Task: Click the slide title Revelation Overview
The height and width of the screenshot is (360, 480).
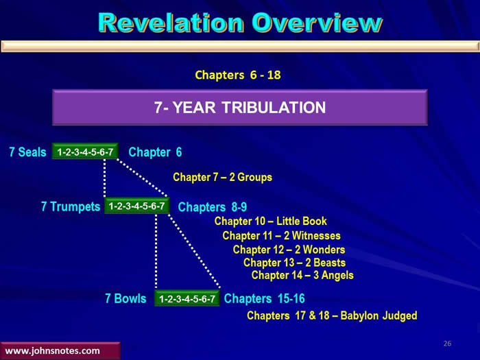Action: click(x=240, y=23)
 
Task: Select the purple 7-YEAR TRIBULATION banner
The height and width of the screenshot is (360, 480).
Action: click(x=240, y=107)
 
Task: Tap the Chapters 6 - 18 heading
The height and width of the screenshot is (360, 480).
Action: click(x=238, y=75)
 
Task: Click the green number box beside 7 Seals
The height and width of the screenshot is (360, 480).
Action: click(x=85, y=152)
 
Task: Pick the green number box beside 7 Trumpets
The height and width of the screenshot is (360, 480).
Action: click(x=137, y=206)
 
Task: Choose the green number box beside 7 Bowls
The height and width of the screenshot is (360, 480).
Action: click(x=187, y=298)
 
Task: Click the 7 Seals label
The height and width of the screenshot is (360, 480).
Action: click(x=27, y=152)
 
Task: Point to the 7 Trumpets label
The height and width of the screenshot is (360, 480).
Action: click(x=71, y=206)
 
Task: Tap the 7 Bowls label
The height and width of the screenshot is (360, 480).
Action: click(x=125, y=298)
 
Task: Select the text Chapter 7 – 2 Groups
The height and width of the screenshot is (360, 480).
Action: click(x=223, y=177)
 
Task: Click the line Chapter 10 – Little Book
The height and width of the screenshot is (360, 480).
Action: click(x=271, y=221)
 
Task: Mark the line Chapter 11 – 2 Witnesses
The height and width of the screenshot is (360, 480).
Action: click(x=281, y=235)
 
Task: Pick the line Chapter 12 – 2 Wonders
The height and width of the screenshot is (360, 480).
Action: click(x=289, y=250)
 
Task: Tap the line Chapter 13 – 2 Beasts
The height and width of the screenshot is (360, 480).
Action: click(x=294, y=263)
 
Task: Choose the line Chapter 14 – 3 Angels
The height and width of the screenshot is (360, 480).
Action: click(x=302, y=275)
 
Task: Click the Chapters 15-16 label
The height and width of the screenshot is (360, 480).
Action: click(x=264, y=298)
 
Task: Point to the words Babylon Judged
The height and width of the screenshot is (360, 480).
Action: click(x=379, y=315)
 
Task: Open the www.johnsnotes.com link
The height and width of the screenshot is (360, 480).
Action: click(x=52, y=351)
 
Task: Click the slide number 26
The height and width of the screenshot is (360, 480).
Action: click(x=447, y=344)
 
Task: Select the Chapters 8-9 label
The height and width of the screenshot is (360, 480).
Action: click(x=212, y=207)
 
